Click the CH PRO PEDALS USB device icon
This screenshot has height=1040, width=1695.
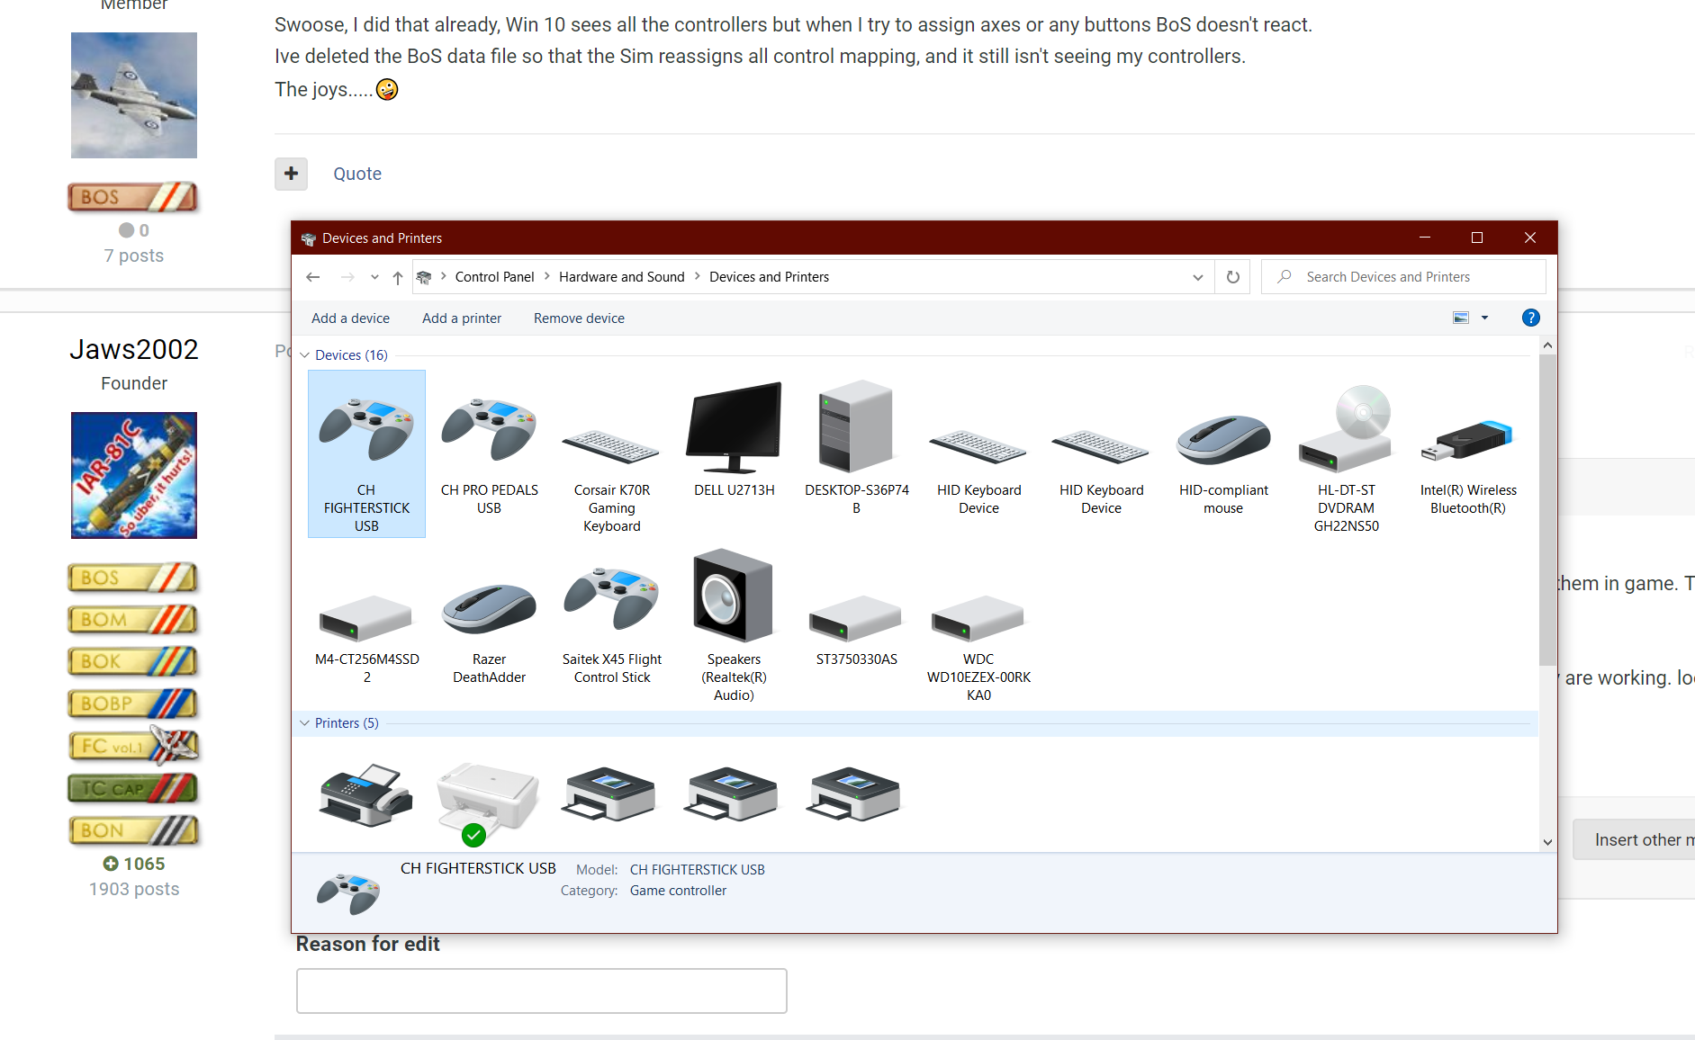489,428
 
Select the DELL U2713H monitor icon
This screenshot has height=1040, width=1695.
734,427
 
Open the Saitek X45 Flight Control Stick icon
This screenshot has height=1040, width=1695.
611,598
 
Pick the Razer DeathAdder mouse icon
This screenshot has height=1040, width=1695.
489,607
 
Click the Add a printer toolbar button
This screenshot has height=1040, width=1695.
462,318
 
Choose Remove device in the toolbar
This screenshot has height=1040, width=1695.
579,318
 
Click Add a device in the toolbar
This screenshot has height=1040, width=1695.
350,318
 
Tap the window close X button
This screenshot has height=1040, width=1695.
1530,238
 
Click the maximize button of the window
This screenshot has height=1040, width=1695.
1477,238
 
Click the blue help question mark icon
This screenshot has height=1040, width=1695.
1530,318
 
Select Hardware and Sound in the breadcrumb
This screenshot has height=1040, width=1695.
621,277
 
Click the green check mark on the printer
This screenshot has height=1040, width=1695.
473,836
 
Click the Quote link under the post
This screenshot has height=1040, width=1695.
357,174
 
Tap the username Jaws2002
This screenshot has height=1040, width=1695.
134,349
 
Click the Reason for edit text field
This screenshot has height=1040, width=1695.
541,991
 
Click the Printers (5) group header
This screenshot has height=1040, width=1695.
347,723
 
